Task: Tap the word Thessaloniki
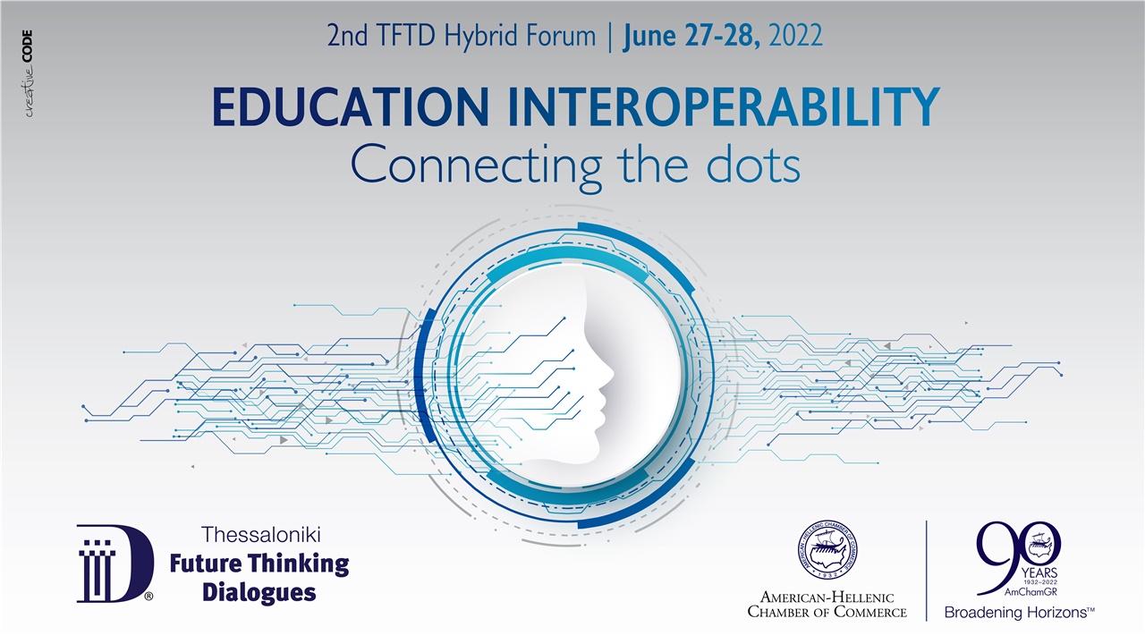click(x=261, y=536)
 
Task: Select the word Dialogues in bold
click(x=259, y=592)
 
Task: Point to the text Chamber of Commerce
click(x=827, y=612)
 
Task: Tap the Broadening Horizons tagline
click(x=1020, y=613)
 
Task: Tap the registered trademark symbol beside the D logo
click(x=148, y=594)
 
